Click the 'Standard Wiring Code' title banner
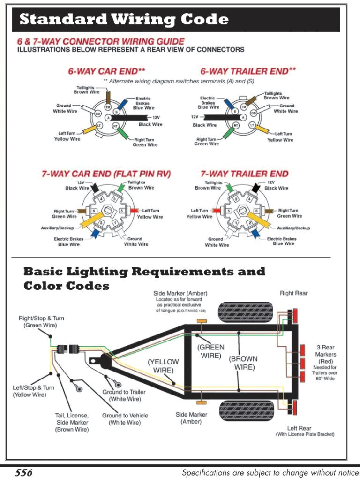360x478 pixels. pos(124,20)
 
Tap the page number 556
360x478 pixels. pos(23,472)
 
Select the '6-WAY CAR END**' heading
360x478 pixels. pos(106,71)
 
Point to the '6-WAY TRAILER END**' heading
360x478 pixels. pos(248,71)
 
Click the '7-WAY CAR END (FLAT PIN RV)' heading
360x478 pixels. pos(106,174)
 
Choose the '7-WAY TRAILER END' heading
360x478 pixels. pos(244,174)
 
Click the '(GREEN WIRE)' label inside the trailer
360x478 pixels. pos(211,351)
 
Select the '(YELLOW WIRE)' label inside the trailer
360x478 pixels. pos(163,366)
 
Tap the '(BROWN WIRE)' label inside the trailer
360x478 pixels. pos(243,363)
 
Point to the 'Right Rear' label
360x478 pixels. pos(293,293)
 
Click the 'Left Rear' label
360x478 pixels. pos(299,428)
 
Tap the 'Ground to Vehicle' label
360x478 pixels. pos(125,419)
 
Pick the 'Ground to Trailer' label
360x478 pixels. pos(124,395)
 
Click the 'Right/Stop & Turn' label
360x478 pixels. pos(41,321)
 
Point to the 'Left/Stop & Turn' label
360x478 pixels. pos(33,391)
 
